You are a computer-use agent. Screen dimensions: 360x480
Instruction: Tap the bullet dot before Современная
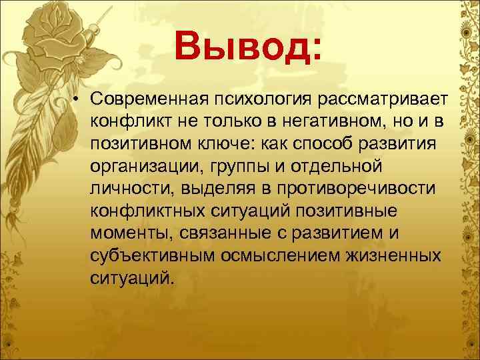click(x=78, y=101)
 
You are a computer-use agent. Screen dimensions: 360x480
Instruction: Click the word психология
click(x=257, y=101)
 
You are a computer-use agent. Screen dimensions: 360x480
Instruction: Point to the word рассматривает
click(x=380, y=101)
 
